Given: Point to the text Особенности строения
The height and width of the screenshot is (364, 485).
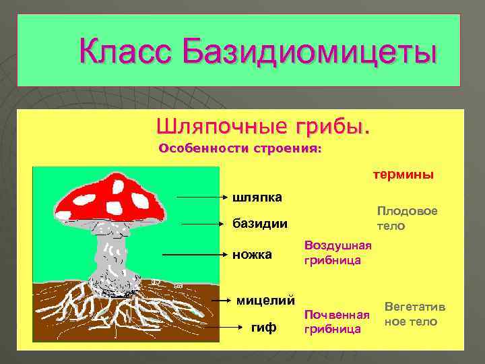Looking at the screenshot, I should pyautogui.click(x=240, y=148).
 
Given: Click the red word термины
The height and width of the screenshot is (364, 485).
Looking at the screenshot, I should pyautogui.click(x=403, y=175).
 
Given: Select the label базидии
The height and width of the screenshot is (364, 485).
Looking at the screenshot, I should pyautogui.click(x=259, y=223).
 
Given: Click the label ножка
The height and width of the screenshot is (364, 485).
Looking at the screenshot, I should pyautogui.click(x=252, y=255).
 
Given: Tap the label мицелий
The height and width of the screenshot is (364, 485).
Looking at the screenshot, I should pyautogui.click(x=266, y=299).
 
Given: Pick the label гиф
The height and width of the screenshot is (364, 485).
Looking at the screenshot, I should pyautogui.click(x=263, y=328).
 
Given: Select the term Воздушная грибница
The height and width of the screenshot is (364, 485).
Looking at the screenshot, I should pyautogui.click(x=333, y=252).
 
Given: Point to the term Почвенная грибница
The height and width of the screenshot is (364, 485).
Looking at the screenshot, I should pyautogui.click(x=337, y=322).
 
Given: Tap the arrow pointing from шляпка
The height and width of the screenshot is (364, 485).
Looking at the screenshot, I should pyautogui.click(x=202, y=198).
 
